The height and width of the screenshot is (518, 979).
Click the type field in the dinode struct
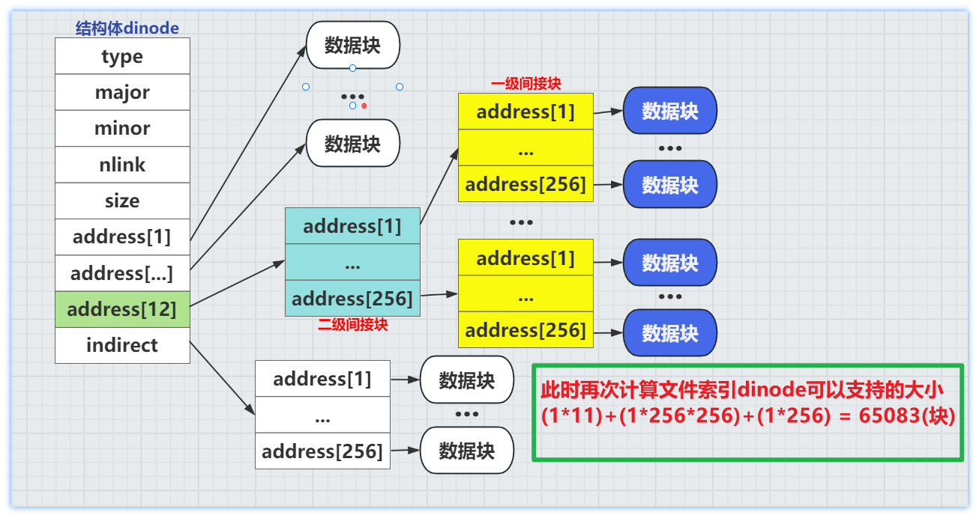pyautogui.click(x=122, y=56)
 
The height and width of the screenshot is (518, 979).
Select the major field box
pyautogui.click(x=122, y=92)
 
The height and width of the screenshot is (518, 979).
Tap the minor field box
pyautogui.click(x=122, y=128)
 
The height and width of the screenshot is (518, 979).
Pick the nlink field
pyautogui.click(x=122, y=165)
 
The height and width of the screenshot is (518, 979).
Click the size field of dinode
pyautogui.click(x=122, y=201)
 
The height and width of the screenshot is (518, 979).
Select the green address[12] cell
pyautogui.click(x=122, y=309)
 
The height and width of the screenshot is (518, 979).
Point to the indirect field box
pyautogui.click(x=122, y=345)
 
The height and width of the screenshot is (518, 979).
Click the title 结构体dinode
pyautogui.click(x=127, y=28)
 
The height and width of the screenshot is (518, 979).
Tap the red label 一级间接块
pyautogui.click(x=525, y=84)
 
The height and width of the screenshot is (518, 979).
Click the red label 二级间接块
pyautogui.click(x=352, y=325)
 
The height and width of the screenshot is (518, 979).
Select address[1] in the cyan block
pyautogui.click(x=352, y=226)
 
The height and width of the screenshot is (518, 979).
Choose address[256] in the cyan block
pyautogui.click(x=352, y=299)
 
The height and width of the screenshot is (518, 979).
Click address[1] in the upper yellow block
pyautogui.click(x=525, y=112)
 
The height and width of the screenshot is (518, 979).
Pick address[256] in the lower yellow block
pyautogui.click(x=525, y=329)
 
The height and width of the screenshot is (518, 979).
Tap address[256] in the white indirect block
pyautogui.click(x=322, y=451)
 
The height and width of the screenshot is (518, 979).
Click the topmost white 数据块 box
pyautogui.click(x=352, y=45)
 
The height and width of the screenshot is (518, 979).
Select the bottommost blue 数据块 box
pyautogui.click(x=670, y=333)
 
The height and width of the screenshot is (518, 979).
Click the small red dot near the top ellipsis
pyautogui.click(x=364, y=106)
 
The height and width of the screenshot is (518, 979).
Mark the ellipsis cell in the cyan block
pyautogui.click(x=352, y=263)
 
